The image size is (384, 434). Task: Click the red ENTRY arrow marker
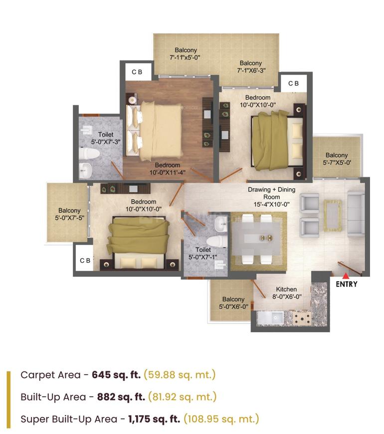coord(345,275)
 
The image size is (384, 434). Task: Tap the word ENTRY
coord(347,285)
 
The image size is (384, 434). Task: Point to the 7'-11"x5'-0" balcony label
coord(186,54)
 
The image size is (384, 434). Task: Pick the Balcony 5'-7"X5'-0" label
coord(337,159)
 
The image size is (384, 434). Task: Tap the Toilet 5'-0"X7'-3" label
coord(105,138)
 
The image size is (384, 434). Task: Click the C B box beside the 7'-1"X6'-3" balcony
coord(294,83)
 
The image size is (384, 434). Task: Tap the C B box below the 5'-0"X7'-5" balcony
coord(85,260)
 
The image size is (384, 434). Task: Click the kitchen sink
coord(270,317)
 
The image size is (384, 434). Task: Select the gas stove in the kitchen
coord(302,318)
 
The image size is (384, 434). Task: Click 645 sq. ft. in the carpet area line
coord(116,375)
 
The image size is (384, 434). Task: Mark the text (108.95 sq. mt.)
coord(221,419)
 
